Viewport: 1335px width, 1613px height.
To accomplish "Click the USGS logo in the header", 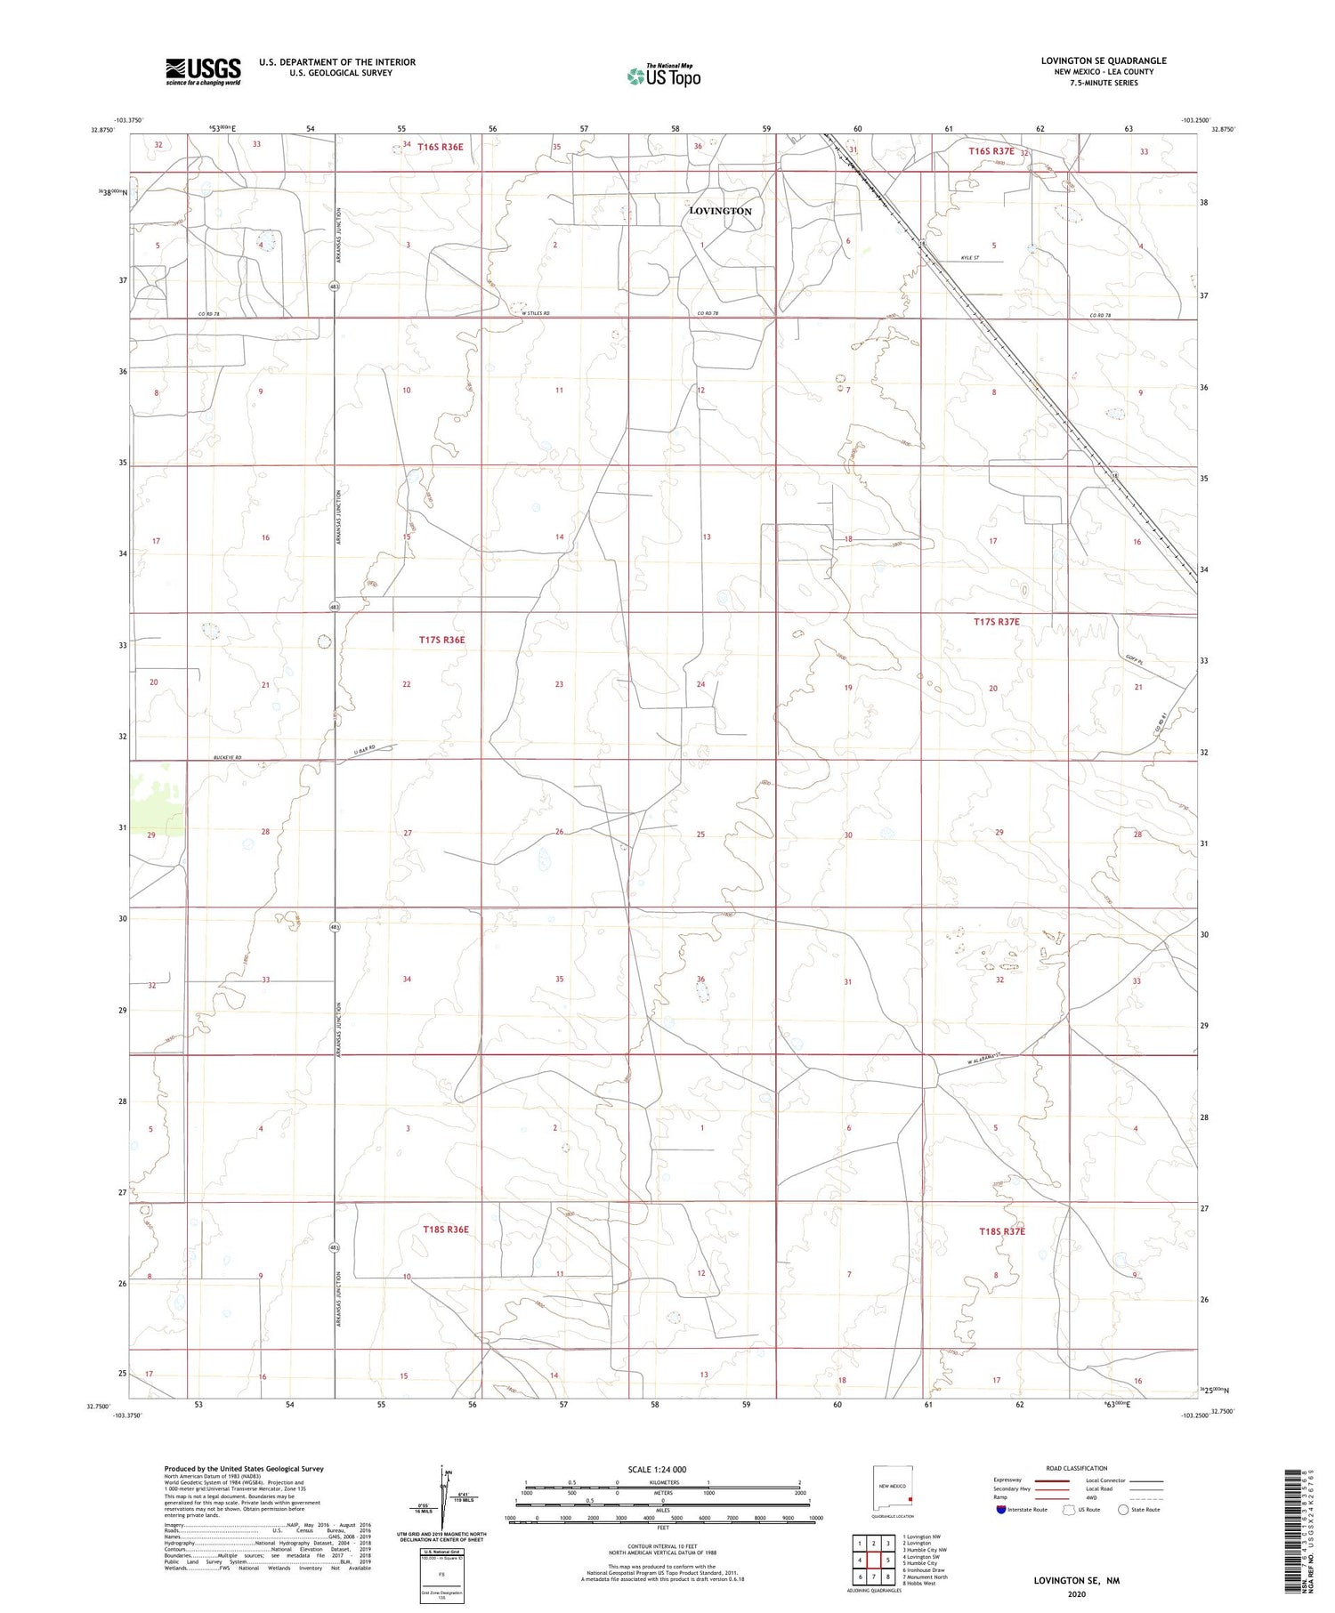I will (203, 71).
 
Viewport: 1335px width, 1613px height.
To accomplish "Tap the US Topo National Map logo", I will (663, 76).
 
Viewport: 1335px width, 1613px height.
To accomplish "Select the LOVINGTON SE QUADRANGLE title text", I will (1103, 60).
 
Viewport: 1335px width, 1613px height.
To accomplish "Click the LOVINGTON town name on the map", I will (720, 211).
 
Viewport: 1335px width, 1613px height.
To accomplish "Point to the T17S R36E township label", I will (442, 640).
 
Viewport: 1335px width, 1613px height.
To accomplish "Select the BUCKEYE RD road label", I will (227, 758).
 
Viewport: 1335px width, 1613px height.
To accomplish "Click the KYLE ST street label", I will (969, 258).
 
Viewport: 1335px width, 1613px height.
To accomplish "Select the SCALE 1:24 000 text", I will (663, 1469).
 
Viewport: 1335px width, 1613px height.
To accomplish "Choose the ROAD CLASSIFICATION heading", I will (1076, 1468).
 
